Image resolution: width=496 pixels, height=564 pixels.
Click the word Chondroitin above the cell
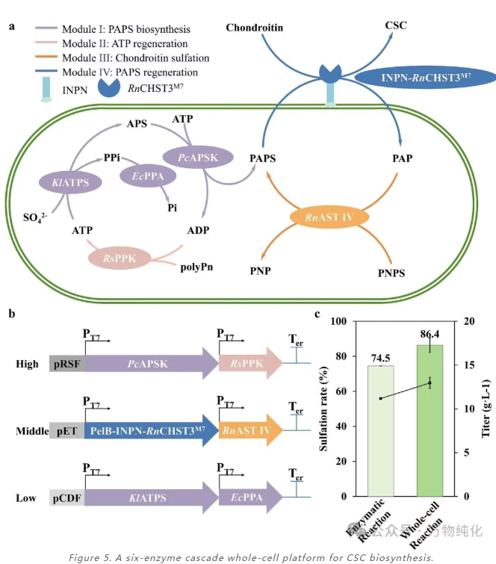(x=255, y=28)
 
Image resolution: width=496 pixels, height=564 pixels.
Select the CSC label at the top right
(x=396, y=26)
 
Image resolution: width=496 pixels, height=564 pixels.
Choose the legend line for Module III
(x=49, y=58)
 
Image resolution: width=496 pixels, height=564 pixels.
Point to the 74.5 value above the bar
(x=380, y=359)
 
